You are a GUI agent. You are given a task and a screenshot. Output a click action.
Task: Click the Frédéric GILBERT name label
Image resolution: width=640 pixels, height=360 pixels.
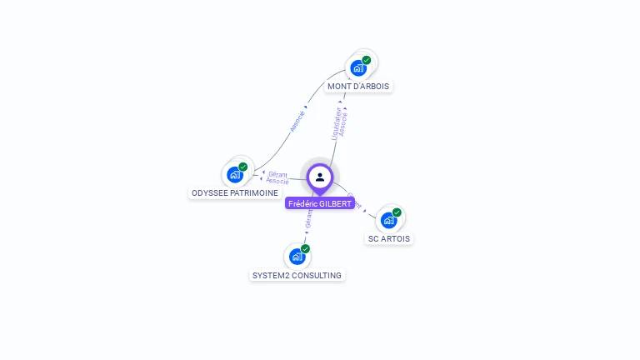319,203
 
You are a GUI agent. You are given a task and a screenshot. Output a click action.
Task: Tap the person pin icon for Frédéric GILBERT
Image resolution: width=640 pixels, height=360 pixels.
320,177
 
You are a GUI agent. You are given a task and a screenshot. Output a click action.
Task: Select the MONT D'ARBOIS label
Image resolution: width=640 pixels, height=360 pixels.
358,86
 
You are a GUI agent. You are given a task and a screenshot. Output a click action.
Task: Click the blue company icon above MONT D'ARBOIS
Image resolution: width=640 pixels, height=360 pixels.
358,67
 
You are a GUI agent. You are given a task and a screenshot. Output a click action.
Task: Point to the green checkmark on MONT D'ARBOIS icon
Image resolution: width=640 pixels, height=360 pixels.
367,60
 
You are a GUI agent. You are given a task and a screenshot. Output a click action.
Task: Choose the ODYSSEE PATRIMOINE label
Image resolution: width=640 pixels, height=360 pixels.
235,192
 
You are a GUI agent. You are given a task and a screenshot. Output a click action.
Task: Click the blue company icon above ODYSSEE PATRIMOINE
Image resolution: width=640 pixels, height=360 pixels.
235,174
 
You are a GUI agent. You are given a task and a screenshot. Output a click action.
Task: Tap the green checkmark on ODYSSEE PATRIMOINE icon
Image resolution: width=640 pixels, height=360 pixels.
243,167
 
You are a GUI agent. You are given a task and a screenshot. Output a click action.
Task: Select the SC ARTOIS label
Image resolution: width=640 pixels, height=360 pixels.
389,238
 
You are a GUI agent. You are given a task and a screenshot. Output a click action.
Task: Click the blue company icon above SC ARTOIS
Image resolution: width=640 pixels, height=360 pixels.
388,220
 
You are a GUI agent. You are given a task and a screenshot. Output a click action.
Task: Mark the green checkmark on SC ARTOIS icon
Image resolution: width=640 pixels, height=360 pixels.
397,212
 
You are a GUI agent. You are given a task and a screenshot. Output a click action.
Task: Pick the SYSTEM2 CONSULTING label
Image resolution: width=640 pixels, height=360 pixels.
297,275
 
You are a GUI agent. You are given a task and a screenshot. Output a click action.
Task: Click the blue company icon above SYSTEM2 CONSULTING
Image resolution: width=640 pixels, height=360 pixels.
297,257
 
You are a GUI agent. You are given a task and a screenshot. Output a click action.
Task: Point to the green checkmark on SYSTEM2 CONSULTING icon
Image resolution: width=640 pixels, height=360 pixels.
306,249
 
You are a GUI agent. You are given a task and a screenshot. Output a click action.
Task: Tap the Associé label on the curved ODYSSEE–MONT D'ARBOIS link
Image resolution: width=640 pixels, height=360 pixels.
297,122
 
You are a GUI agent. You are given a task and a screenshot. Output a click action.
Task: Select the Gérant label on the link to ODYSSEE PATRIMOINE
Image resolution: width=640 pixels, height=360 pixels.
277,174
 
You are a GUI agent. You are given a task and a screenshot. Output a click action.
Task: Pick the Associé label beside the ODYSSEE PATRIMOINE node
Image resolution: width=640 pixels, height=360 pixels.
277,181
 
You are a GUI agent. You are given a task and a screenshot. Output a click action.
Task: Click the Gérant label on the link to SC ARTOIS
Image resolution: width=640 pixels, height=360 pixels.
355,201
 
